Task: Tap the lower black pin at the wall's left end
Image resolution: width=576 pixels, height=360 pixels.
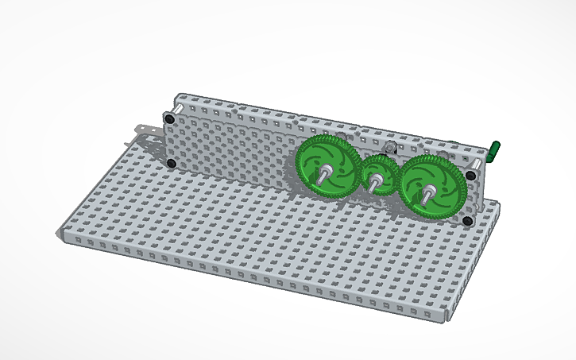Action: (170, 163)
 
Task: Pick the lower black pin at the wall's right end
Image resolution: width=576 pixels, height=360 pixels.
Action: (468, 218)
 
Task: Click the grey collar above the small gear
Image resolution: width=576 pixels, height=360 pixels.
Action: (389, 149)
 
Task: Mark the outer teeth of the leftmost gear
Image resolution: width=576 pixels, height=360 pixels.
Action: (298, 163)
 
